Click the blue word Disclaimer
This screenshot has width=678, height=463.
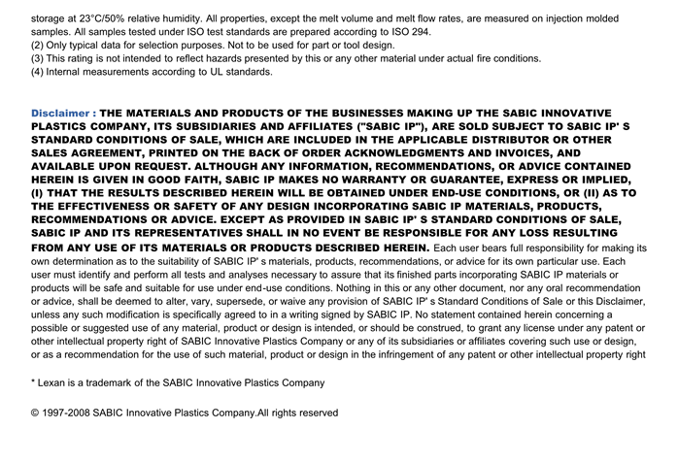[x=60, y=113]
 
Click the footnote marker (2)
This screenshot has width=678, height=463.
[x=38, y=45]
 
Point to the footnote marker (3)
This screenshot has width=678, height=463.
[x=38, y=58]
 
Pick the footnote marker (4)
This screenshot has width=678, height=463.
[x=38, y=72]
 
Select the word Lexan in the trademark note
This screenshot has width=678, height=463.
[x=54, y=383]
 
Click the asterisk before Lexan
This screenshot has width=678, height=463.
[x=34, y=381]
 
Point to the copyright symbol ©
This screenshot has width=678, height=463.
[x=36, y=413]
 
